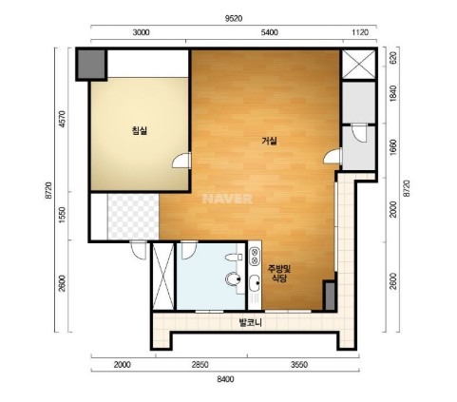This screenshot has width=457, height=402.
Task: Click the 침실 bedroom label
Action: [x=140, y=130]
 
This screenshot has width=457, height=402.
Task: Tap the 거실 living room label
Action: [x=270, y=141]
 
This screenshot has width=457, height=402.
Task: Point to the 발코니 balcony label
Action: [x=250, y=323]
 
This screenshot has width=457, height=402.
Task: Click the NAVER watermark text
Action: [x=227, y=199]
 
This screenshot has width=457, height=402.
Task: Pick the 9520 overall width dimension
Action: [x=234, y=19]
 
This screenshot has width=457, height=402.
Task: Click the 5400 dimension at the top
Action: [x=270, y=32]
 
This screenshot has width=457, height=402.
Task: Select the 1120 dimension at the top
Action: [x=360, y=32]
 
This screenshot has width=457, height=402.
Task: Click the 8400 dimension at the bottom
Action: [x=225, y=379]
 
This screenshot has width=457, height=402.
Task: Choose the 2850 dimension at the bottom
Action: [x=200, y=365]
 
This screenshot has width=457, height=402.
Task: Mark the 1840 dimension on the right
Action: [x=393, y=93]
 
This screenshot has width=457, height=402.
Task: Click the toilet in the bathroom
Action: [x=233, y=279]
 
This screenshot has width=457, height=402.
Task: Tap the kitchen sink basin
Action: [x=254, y=283]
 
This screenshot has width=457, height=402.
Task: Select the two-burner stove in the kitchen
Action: [x=254, y=257]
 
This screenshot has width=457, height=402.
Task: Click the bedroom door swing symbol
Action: [x=181, y=161]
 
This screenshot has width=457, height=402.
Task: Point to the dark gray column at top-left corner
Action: [x=90, y=65]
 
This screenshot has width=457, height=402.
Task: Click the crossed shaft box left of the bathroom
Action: [x=163, y=277]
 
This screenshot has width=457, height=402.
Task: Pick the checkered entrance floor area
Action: [x=133, y=217]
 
